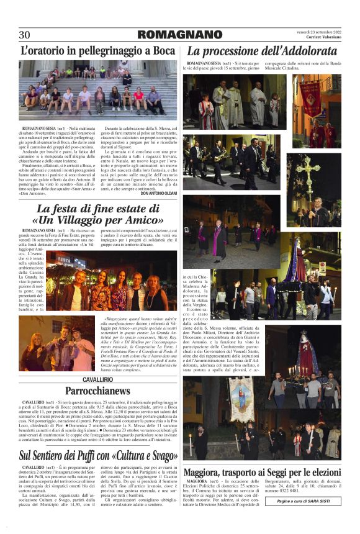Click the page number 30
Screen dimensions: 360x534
coord(24,35)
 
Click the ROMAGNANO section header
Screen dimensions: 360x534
coord(180,35)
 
